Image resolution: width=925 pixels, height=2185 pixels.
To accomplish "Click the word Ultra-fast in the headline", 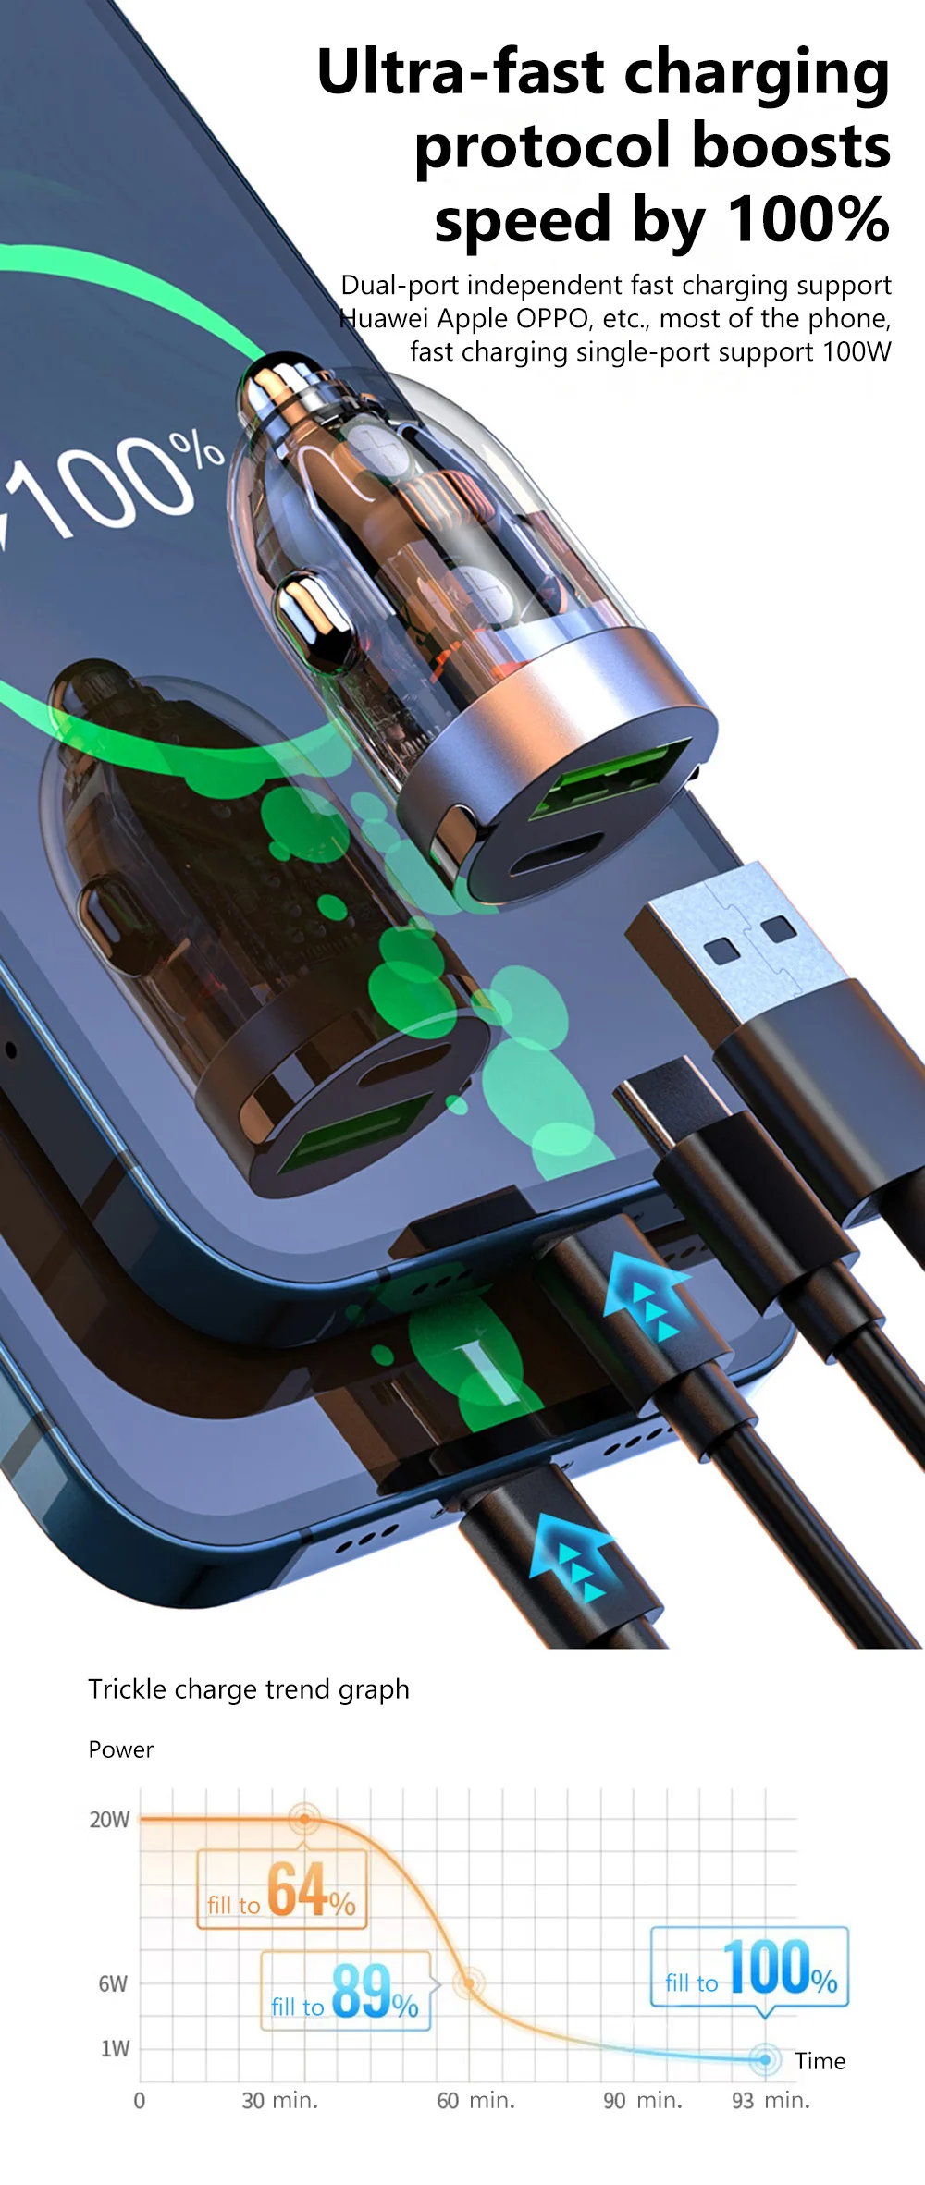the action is coord(460,72).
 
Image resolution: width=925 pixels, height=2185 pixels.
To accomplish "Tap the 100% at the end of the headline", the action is coord(808,219).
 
